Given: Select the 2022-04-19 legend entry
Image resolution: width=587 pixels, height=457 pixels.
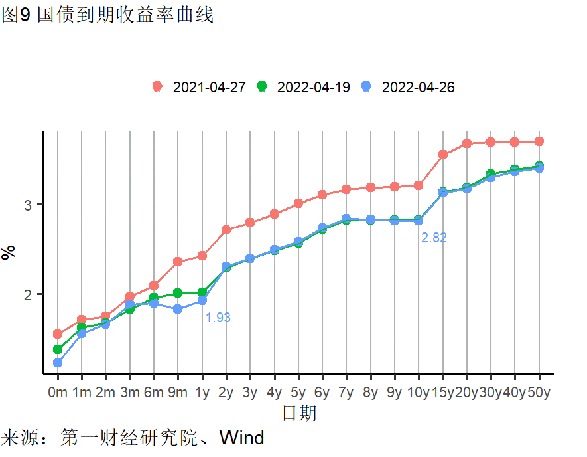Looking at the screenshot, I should [x=304, y=87].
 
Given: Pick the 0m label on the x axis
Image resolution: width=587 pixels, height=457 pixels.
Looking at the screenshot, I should [x=58, y=392].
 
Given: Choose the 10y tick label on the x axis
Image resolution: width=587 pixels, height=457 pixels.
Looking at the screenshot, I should [x=419, y=392].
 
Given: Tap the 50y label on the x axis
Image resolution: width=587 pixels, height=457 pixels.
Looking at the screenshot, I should [x=539, y=392].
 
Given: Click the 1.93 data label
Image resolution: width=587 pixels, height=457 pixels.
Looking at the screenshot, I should [x=218, y=318].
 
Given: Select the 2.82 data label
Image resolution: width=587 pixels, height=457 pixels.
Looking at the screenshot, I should [x=434, y=238].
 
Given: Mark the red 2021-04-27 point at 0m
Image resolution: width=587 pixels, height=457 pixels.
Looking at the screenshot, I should [x=58, y=334].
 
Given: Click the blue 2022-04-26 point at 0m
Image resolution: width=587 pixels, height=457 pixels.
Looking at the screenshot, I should [x=58, y=363].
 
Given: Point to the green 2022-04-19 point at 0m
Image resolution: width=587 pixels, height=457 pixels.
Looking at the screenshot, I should [x=58, y=349].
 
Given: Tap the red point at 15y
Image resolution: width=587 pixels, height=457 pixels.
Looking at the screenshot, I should [x=442, y=155].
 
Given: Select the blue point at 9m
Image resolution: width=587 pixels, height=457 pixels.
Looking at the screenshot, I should [x=178, y=309].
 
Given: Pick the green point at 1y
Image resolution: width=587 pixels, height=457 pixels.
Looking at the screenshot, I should [x=202, y=292].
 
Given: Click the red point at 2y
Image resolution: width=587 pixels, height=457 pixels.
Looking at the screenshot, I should [x=226, y=230].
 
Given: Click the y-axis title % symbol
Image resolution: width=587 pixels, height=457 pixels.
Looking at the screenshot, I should [x=9, y=252].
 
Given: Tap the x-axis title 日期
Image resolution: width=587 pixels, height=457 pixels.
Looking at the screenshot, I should [x=298, y=414].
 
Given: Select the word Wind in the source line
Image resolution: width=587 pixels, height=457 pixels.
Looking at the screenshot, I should [x=241, y=438].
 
